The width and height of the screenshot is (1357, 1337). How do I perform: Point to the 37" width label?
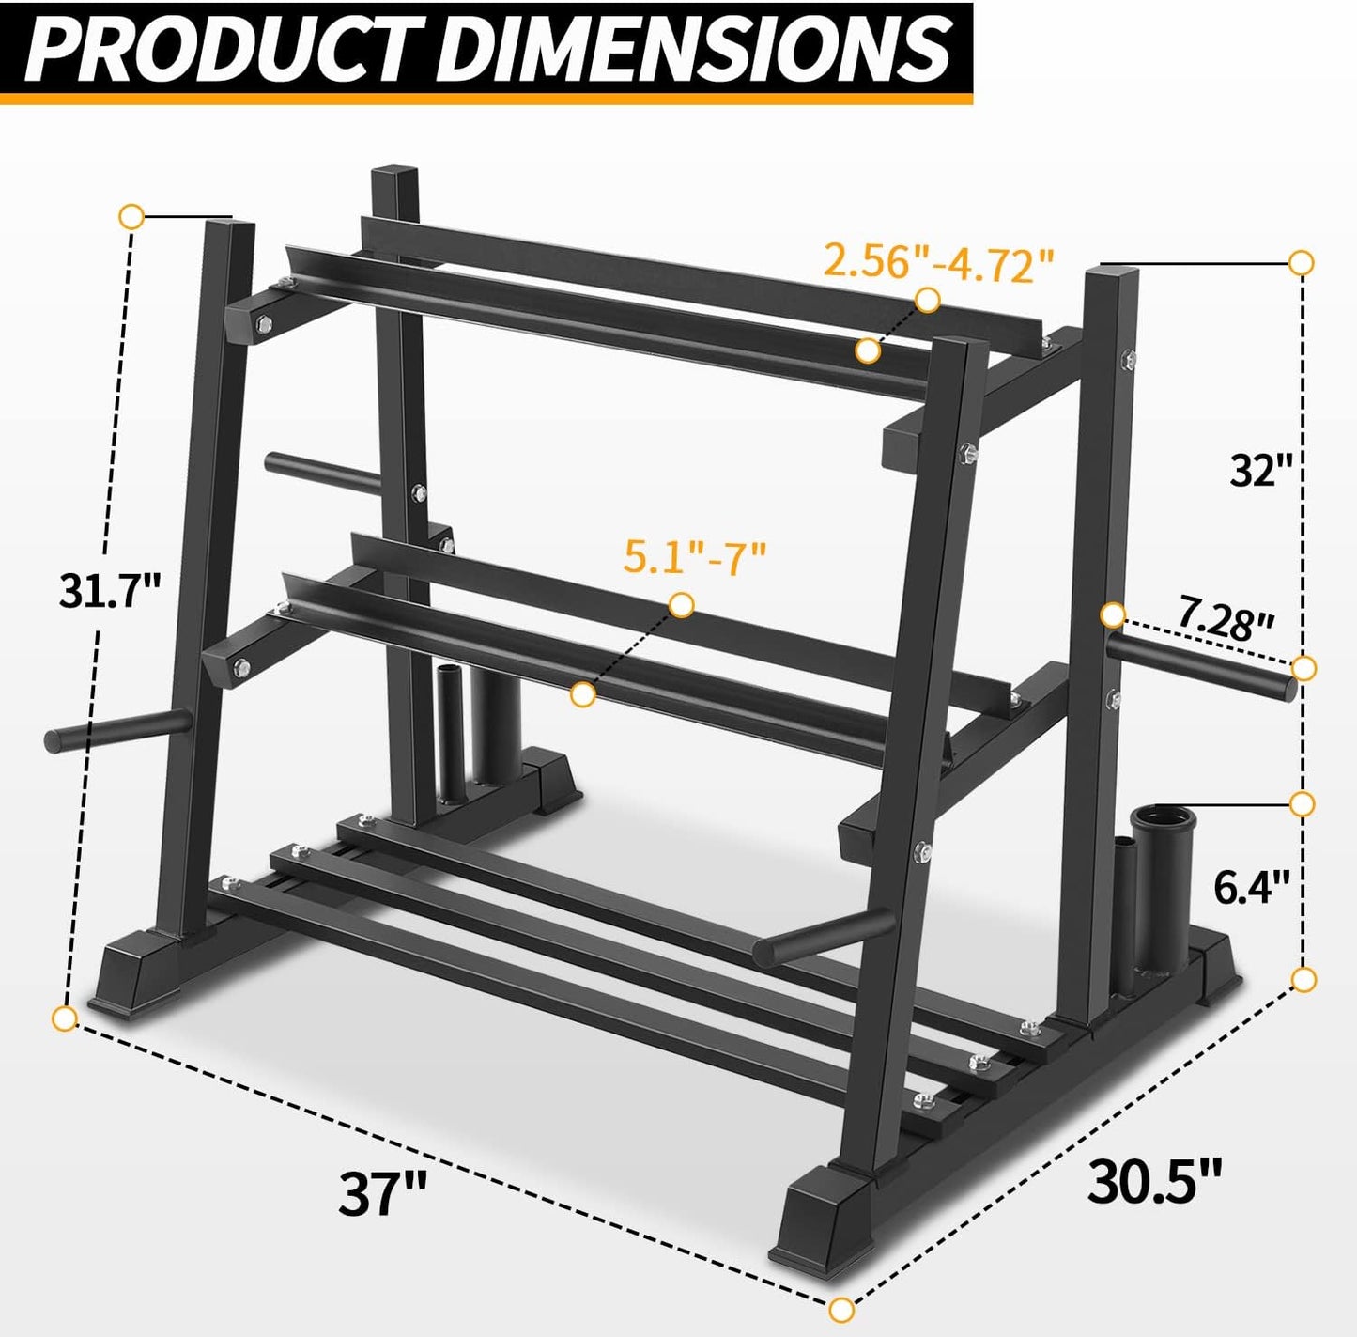point(382,1193)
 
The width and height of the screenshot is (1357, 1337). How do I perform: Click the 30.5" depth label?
point(1155,1181)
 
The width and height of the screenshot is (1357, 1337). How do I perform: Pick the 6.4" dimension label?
point(1252,886)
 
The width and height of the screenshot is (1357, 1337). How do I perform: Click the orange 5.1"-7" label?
point(696,556)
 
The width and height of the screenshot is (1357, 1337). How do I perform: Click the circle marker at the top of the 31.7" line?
point(131,216)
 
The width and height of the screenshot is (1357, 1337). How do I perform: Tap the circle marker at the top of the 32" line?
point(1302,262)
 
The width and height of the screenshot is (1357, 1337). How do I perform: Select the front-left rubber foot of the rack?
point(133,972)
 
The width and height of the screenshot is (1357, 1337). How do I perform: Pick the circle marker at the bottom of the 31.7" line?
point(64,1018)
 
